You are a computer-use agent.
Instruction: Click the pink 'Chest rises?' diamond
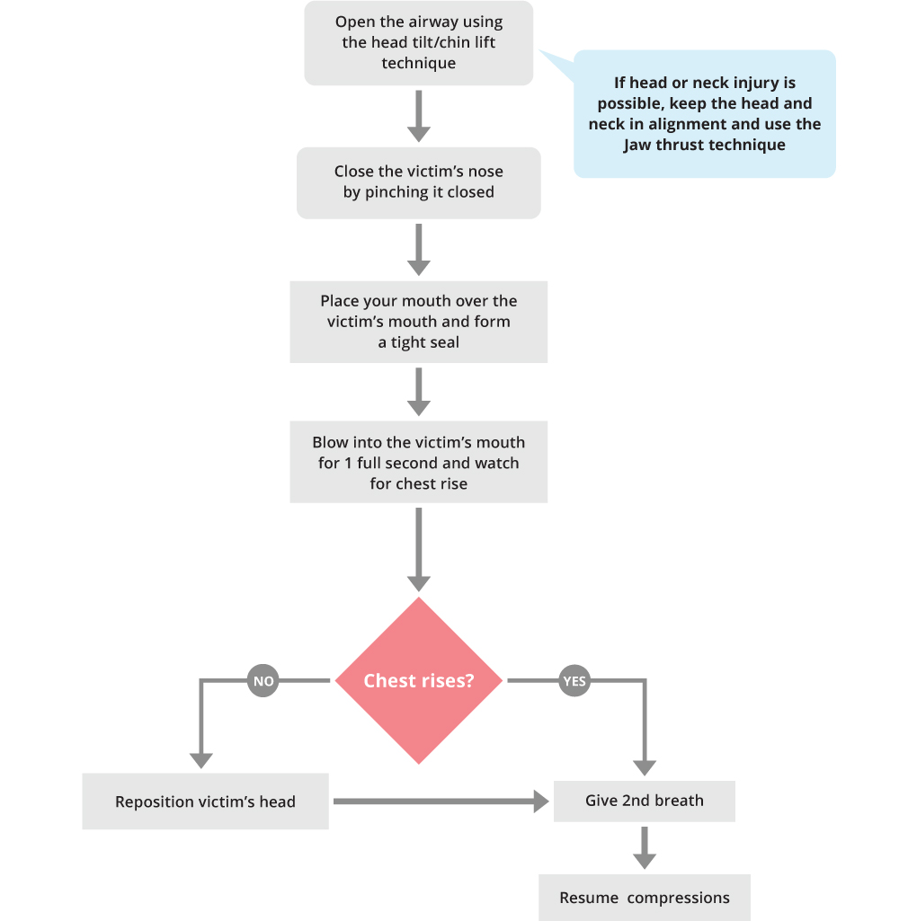(x=419, y=680)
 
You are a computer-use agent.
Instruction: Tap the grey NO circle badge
(x=263, y=681)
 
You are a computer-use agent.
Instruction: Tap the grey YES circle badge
(x=574, y=681)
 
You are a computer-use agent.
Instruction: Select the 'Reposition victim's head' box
(x=205, y=801)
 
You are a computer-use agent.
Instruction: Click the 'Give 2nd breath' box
(x=644, y=801)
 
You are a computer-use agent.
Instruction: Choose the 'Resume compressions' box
(x=644, y=898)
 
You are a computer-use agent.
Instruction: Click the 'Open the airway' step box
(x=418, y=43)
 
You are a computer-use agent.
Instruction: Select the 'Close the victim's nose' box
(x=418, y=182)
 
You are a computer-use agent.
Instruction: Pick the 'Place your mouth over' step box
(x=418, y=322)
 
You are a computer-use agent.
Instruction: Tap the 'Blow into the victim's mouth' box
(x=418, y=462)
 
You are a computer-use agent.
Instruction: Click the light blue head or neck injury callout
(x=704, y=114)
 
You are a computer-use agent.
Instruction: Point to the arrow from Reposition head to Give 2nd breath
(x=441, y=801)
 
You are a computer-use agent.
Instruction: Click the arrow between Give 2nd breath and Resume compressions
(x=644, y=846)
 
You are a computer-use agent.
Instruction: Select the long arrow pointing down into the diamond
(x=419, y=548)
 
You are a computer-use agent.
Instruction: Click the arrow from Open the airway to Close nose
(x=419, y=115)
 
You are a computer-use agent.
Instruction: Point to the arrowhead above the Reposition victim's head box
(x=201, y=760)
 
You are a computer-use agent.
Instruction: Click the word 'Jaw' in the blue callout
(x=637, y=145)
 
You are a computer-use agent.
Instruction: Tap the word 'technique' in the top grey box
(x=418, y=64)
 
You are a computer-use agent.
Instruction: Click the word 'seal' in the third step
(x=444, y=342)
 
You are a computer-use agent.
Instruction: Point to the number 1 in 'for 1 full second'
(x=348, y=463)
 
